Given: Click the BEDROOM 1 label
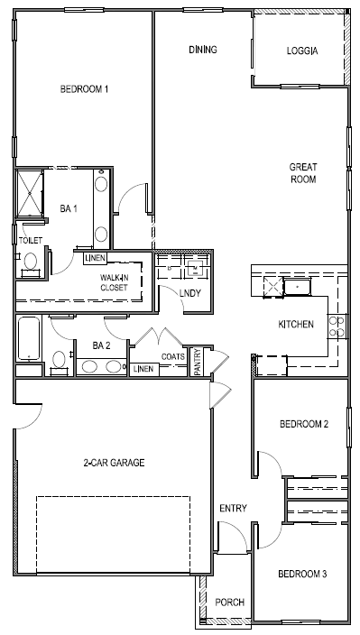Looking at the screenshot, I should (84, 89).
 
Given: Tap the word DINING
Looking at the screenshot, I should (203, 50).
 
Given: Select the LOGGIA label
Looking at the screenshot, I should (301, 51).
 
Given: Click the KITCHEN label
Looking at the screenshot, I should (295, 324).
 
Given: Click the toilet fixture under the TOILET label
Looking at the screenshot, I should (30, 262).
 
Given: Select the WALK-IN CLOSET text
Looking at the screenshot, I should (114, 282).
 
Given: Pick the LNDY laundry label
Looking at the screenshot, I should (189, 293).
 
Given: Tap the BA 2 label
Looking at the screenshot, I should (101, 345).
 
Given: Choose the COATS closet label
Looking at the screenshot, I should (173, 356).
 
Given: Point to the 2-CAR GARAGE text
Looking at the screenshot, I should (114, 463).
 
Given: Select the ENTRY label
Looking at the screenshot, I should (233, 509).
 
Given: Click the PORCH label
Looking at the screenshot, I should (229, 603).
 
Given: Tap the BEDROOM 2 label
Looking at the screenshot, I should (303, 424).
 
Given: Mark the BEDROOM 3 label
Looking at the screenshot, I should (302, 574).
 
